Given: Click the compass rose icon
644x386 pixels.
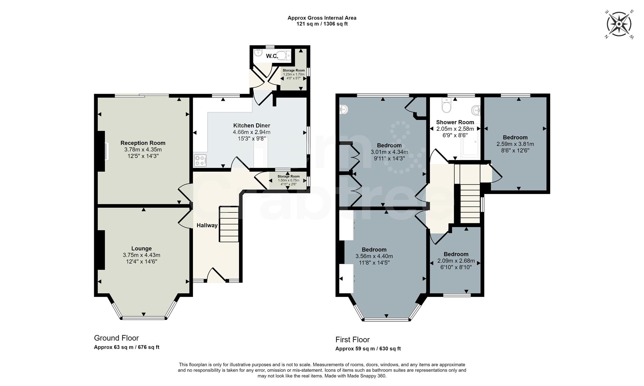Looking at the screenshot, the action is (619, 24).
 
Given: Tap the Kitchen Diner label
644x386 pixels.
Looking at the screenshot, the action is (252, 125).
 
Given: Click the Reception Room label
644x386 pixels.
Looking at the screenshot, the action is (143, 143).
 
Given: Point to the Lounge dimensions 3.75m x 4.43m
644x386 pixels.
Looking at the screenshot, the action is (141, 255).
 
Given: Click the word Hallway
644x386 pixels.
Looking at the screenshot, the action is (207, 226).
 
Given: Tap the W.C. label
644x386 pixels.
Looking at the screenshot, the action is (272, 56).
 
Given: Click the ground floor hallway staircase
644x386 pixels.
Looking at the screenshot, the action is (229, 224).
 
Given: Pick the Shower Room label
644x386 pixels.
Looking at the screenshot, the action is (455, 122).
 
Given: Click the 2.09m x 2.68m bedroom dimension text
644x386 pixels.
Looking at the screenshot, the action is (456, 261).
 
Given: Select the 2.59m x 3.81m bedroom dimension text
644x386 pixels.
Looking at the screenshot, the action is (515, 144).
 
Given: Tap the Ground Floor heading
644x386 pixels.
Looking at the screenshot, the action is (116, 338).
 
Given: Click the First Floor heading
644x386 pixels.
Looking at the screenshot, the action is (353, 340).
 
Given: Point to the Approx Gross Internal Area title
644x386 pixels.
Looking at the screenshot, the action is (322, 18).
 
